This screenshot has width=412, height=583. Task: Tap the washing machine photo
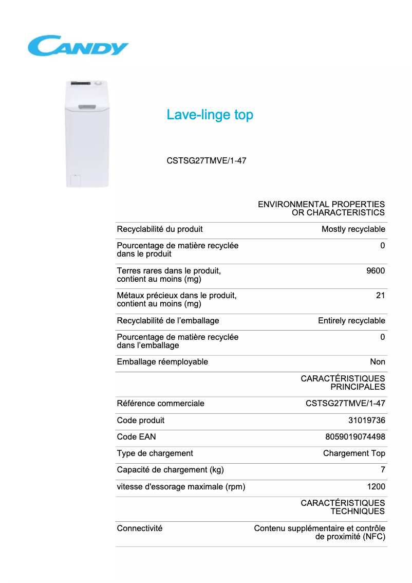87,134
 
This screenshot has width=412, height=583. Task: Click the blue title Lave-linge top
210,115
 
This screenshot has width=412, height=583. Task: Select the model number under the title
207,160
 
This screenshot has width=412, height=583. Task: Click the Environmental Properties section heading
321,208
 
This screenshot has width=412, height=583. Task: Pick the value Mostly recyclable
353,229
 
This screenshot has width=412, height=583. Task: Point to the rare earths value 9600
376,271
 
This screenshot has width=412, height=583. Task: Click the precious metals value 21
380,296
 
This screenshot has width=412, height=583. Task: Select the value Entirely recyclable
351,321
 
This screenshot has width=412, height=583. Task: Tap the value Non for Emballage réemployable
378,362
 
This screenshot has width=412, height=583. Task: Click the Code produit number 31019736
366,421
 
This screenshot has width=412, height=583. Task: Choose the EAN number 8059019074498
355,437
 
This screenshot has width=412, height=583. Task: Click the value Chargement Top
354,453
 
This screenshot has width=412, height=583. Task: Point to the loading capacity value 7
383,470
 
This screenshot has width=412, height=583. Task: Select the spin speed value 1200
376,487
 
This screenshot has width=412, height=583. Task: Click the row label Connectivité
140,529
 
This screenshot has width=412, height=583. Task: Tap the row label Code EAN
136,437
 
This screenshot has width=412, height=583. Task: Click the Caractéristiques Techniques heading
343,507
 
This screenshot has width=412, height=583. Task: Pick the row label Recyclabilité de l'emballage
168,321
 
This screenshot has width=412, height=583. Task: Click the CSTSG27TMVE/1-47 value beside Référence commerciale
345,404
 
